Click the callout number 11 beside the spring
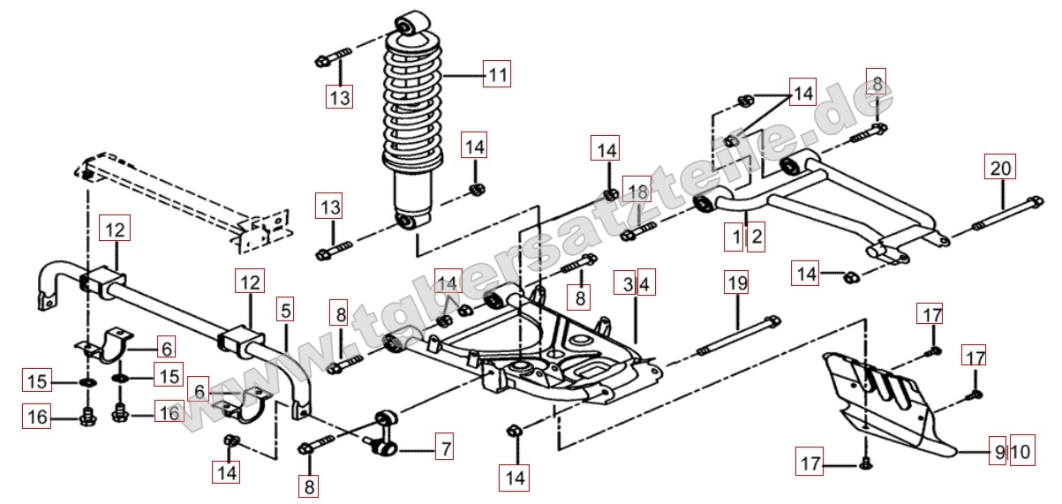(497, 75)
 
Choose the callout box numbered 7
(446, 449)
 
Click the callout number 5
(284, 311)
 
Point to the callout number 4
(645, 284)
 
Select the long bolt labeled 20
(1006, 217)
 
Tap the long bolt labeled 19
(740, 336)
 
